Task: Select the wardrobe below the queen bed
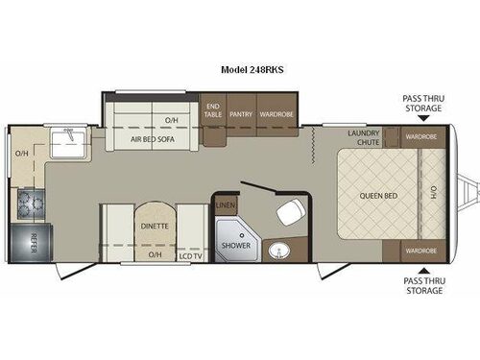(x=420, y=250)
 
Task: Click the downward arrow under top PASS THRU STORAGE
(x=422, y=121)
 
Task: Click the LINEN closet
(x=226, y=204)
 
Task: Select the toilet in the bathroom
(x=286, y=214)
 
